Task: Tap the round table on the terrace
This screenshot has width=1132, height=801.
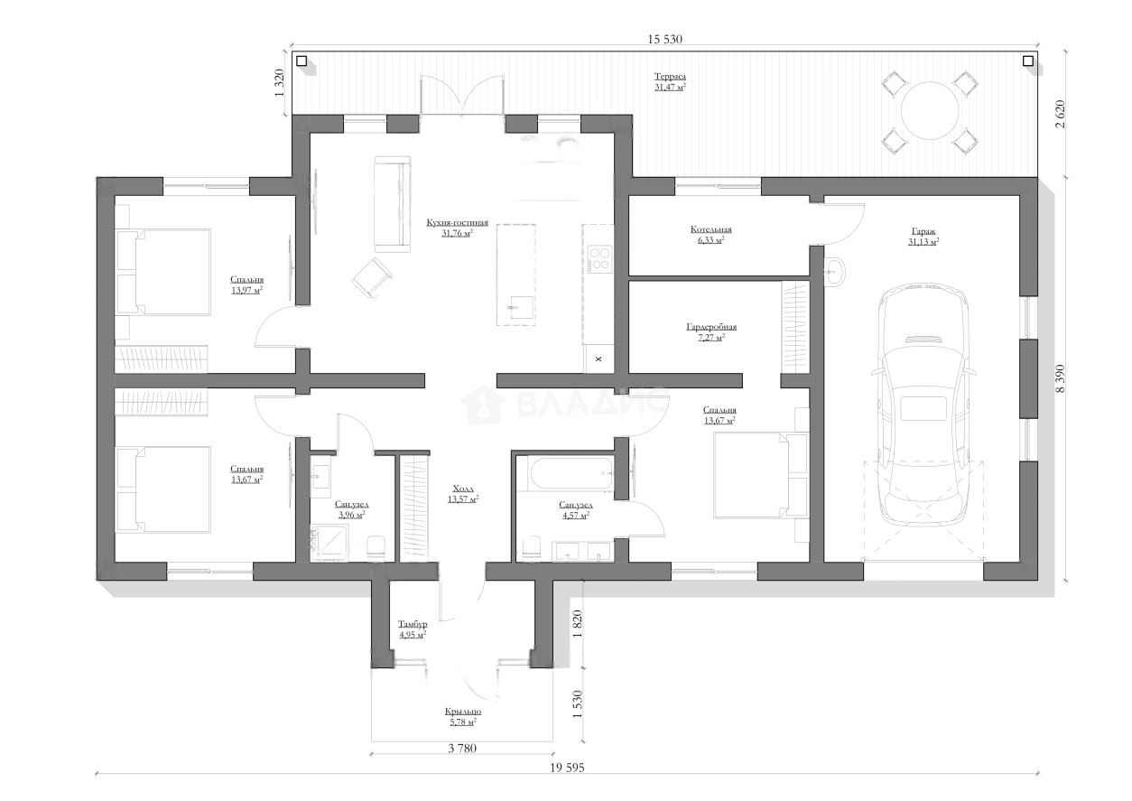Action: click(x=930, y=111)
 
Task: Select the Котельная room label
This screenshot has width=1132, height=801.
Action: click(x=710, y=229)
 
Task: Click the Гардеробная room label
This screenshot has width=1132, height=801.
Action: click(x=711, y=327)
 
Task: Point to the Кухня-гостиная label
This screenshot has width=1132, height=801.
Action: click(x=458, y=222)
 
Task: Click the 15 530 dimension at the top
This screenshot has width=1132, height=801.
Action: click(x=664, y=40)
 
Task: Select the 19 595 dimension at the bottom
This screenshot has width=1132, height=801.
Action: click(x=567, y=768)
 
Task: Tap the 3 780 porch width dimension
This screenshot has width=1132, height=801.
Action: click(x=462, y=749)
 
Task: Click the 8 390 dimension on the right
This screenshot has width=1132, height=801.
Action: click(x=1060, y=378)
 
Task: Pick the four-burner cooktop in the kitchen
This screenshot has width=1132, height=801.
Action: click(x=600, y=259)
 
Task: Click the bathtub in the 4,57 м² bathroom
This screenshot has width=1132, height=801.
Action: click(x=571, y=473)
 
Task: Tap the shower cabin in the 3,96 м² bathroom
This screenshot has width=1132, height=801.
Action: click(x=329, y=543)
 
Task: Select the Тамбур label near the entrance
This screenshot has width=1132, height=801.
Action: click(x=413, y=624)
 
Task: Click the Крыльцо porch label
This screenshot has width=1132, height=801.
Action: click(x=463, y=712)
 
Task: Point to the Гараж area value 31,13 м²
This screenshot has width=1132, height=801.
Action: click(x=923, y=242)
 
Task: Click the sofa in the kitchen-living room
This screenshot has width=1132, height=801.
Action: click(x=392, y=204)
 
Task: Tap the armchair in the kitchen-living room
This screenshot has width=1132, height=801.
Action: click(x=373, y=277)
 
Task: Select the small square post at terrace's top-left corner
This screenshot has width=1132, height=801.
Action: click(x=302, y=61)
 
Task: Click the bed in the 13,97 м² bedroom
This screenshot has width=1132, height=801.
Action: click(x=163, y=272)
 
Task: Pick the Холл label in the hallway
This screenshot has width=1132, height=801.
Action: click(x=463, y=489)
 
